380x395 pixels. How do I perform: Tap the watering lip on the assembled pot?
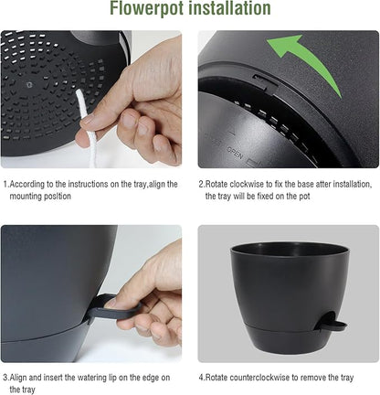click(333, 323)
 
